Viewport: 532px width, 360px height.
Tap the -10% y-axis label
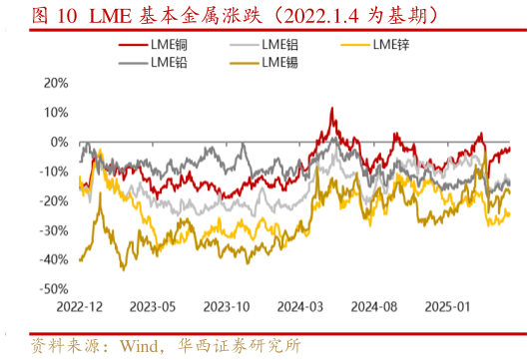point(56,172)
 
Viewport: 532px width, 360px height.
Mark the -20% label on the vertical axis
point(56,200)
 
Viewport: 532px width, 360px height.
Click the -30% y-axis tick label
point(56,229)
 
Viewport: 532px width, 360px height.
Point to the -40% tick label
point(56,259)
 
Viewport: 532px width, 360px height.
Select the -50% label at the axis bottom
point(56,288)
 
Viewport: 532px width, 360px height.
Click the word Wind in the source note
point(140,346)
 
